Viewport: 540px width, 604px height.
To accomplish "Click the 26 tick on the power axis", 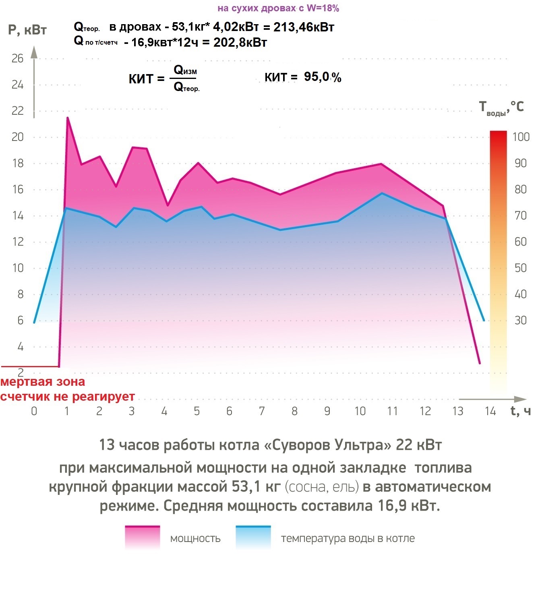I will tap(17, 59).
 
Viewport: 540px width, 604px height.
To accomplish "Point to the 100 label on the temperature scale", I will tap(521, 137).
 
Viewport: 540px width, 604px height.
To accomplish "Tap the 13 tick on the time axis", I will tap(457, 411).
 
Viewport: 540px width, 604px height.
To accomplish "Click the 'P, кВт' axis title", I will tap(27, 30).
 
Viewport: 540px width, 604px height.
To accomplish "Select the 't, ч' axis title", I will tap(520, 411).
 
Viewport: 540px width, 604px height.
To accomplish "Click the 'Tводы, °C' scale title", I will tap(501, 108).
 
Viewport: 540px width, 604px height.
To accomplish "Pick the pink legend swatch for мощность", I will tap(142, 538).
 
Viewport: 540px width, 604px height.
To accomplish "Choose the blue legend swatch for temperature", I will tap(253, 538).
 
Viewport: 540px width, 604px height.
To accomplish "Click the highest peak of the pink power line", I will tap(67, 118).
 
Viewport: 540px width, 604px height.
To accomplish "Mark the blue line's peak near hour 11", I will tap(382, 193).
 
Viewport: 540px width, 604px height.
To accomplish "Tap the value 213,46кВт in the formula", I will tap(304, 27).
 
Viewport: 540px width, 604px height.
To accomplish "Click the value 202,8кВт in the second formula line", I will tap(240, 43).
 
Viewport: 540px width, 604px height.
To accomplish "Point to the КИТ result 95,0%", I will tap(323, 77).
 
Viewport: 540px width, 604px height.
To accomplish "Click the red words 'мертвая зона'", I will tap(43, 382).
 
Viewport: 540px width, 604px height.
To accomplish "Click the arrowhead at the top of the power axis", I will tap(34, 52).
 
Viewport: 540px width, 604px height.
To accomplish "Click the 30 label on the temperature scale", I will tap(521, 321).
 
